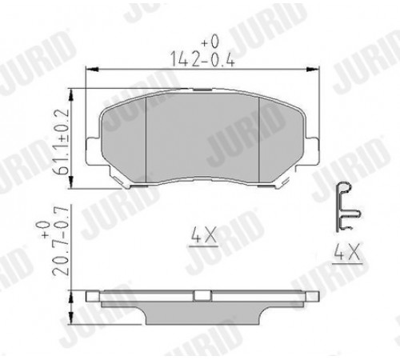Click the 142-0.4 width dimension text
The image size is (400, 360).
coord(202,59)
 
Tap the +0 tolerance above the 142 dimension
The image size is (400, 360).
coord(210,42)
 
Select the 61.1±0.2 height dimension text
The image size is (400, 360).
coord(62,142)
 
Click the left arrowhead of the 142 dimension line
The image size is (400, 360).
coord(92,70)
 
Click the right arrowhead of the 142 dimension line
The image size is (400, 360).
coord(312,70)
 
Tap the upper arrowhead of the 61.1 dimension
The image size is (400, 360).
coord(71,95)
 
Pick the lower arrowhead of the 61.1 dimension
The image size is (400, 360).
coord(71,182)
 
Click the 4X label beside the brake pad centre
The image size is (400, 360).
coord(203,235)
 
